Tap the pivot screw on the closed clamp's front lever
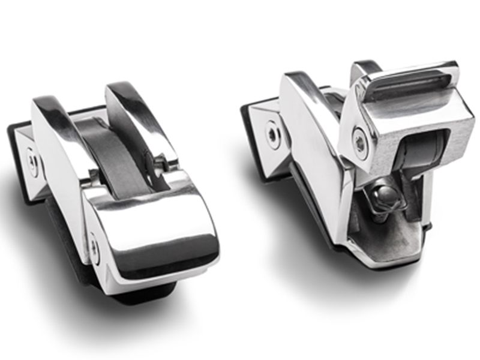click(94, 245)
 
